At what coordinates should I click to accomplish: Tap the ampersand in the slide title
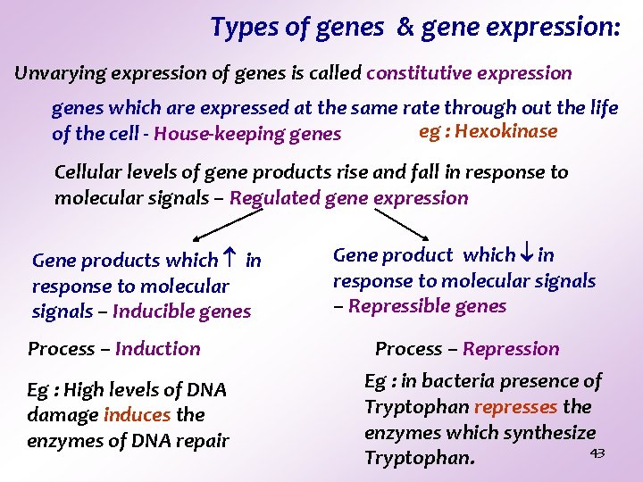[406, 28]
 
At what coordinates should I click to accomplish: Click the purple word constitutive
[419, 73]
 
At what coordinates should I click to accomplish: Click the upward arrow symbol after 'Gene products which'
[230, 260]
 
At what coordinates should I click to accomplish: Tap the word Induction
[158, 349]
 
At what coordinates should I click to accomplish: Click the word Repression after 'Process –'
[511, 349]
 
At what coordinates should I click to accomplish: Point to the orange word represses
[515, 407]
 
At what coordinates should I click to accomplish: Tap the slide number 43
[597, 453]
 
